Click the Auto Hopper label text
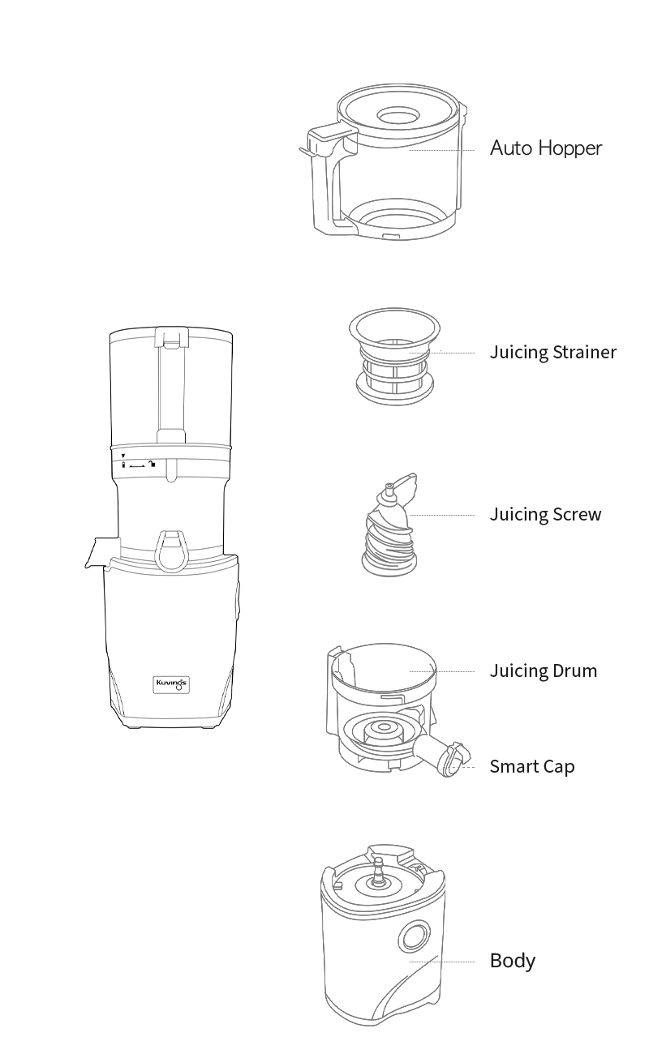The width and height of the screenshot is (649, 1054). (x=546, y=148)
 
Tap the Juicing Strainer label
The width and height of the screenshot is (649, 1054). (x=553, y=353)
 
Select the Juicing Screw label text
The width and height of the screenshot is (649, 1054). (x=546, y=514)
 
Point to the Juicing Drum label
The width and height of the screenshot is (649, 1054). (x=544, y=671)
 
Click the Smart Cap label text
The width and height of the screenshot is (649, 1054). (x=532, y=766)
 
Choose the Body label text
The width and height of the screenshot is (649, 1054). (x=513, y=961)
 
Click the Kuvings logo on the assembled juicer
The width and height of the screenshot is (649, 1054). (x=171, y=684)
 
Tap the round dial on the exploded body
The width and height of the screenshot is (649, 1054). (x=415, y=936)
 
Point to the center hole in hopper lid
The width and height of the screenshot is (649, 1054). (x=398, y=115)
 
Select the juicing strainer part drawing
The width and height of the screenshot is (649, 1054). (x=395, y=356)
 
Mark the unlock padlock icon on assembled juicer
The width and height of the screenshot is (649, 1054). (x=152, y=465)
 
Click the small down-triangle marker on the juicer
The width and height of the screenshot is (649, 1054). (x=123, y=456)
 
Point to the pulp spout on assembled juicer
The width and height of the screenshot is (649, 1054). (x=101, y=552)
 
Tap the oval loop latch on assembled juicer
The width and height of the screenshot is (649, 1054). (x=171, y=551)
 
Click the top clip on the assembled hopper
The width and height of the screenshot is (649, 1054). (x=171, y=337)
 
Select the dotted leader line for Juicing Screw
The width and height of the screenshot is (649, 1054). (x=441, y=515)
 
